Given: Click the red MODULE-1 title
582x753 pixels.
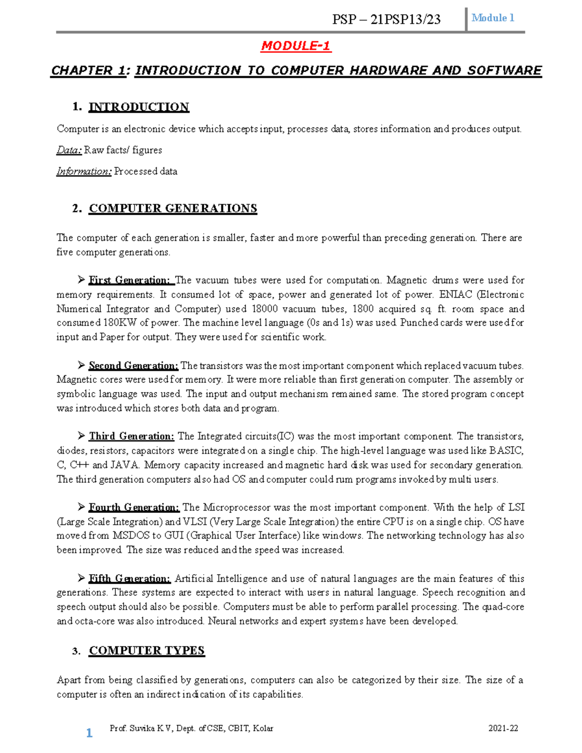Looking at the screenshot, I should pos(295,46).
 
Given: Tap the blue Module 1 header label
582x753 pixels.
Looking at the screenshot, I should pos(493,18).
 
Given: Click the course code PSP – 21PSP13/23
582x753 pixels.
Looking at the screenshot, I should pos(386,19).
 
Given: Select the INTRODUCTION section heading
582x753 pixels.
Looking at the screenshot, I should pos(139,107).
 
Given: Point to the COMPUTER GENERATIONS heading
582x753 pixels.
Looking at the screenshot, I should pos(173,208).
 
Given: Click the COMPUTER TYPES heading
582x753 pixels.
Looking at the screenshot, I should pos(146,651).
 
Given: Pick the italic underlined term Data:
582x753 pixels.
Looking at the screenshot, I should pos(69,150).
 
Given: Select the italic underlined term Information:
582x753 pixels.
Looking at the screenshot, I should pos(84,172).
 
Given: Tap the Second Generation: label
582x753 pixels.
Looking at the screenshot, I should pos(133,366).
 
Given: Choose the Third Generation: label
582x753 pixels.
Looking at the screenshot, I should pos(131,436).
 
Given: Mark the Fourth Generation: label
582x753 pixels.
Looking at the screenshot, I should pos(134,508).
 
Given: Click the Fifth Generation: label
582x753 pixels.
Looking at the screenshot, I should pos(129,578).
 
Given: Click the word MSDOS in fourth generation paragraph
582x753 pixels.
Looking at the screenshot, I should pos(131,536).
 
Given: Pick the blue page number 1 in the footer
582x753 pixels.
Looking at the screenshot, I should pos(89,733).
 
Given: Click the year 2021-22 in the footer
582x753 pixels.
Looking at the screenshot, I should pos(503,728).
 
